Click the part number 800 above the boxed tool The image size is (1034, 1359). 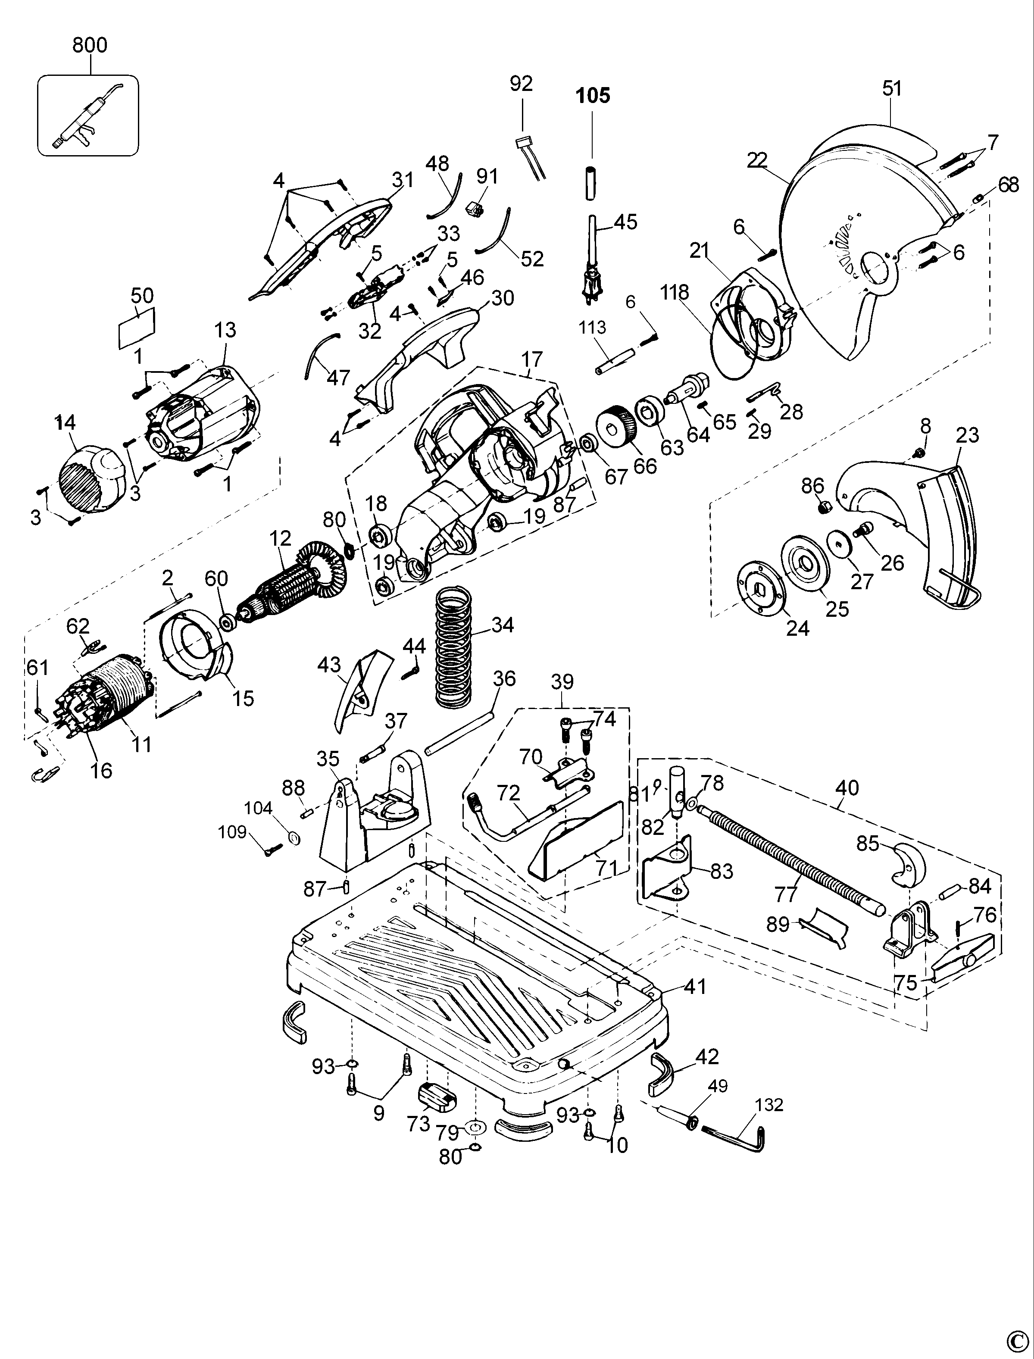(x=90, y=45)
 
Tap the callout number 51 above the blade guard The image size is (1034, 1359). (x=891, y=89)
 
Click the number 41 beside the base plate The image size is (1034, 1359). (x=695, y=986)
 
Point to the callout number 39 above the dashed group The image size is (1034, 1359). (x=562, y=682)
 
